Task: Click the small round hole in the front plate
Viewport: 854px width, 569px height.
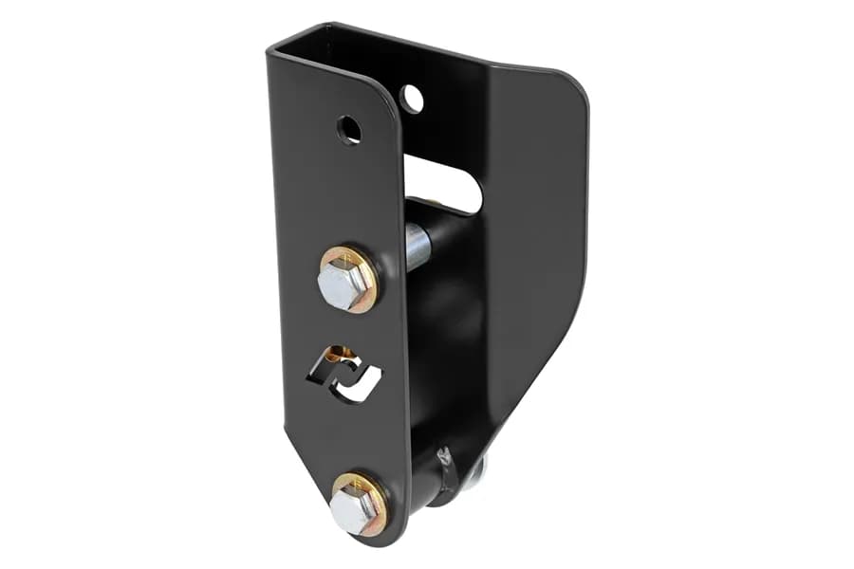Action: point(349,129)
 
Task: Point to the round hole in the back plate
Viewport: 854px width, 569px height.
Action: point(412,98)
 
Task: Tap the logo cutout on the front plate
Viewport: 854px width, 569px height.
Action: point(343,375)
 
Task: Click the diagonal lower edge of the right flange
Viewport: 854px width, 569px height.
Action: point(531,379)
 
